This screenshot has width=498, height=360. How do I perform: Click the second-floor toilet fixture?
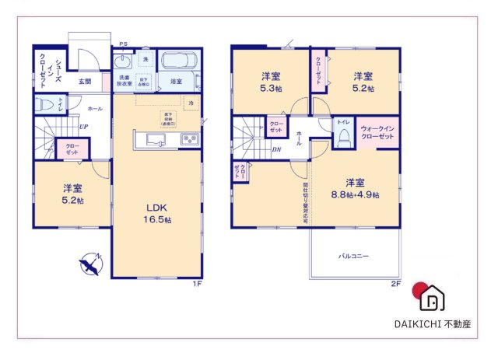pos(342,137)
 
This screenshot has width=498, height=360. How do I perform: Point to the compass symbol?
pos(91,264)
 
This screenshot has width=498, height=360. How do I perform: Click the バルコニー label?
pos(353,255)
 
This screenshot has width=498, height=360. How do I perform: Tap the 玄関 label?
pos(85,81)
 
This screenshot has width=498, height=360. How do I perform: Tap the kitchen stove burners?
pos(188,140)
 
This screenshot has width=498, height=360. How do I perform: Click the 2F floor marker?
pos(395,285)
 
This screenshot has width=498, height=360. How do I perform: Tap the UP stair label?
pos(82,128)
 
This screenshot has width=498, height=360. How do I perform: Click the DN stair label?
pos(276,151)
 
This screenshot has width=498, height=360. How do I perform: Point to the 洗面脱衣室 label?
pos(124,79)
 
